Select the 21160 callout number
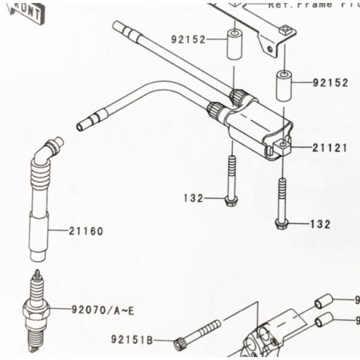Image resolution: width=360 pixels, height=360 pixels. click(x=85, y=231)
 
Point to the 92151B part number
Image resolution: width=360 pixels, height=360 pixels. click(x=131, y=340)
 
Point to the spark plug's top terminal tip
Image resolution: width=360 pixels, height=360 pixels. click(x=37, y=274)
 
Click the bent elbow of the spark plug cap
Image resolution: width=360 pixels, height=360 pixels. click(x=46, y=150)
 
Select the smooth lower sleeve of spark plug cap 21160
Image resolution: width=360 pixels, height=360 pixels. click(x=38, y=240)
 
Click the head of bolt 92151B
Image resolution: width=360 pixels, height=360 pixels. click(x=179, y=343)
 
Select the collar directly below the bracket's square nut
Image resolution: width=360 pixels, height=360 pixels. click(x=283, y=86)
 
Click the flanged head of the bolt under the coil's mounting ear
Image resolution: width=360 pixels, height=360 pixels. click(x=281, y=223)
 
